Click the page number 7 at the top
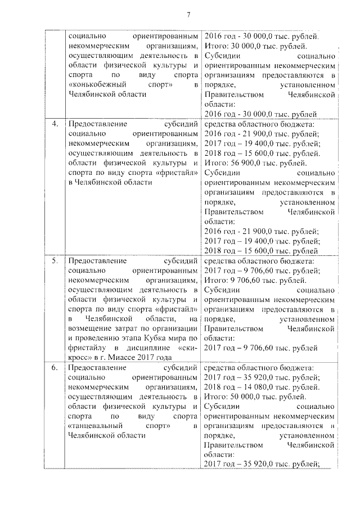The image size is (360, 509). [189, 14]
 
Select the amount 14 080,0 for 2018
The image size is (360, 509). [252, 387]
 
